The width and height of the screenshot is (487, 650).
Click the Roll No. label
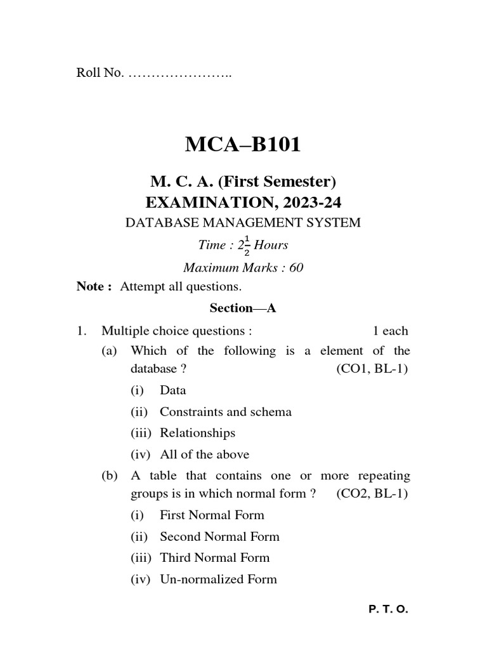pyautogui.click(x=100, y=74)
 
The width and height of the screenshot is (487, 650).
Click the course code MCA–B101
pyautogui.click(x=243, y=145)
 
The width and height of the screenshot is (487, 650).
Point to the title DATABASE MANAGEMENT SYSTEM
pyautogui.click(x=243, y=223)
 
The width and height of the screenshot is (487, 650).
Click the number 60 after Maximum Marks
pyautogui.click(x=296, y=268)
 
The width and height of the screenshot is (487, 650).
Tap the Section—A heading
pyautogui.click(x=243, y=308)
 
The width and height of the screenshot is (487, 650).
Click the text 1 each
pyautogui.click(x=390, y=331)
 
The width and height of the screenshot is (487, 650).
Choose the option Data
pyautogui.click(x=172, y=390)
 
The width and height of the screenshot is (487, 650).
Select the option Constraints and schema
pyautogui.click(x=225, y=412)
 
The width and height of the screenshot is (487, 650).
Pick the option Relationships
pyautogui.click(x=197, y=433)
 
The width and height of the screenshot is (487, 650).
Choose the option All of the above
pyautogui.click(x=204, y=454)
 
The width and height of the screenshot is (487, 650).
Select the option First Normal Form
pyautogui.click(x=212, y=515)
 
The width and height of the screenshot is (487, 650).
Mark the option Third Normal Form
pyautogui.click(x=214, y=558)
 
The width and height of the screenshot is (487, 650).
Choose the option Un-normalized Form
pyautogui.click(x=218, y=579)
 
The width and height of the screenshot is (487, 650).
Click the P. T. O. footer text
pyautogui.click(x=388, y=609)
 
